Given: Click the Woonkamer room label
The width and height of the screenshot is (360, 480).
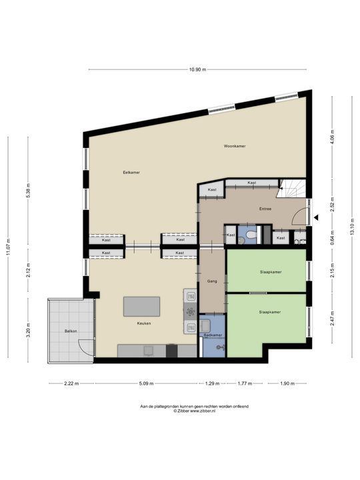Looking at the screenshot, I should pyautogui.click(x=234, y=145).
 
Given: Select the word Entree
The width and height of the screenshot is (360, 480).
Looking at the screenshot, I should pyautogui.click(x=265, y=209).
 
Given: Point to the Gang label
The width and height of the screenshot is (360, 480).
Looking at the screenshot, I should pyautogui.click(x=213, y=282).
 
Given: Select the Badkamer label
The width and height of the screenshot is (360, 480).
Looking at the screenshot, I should pyautogui.click(x=213, y=335).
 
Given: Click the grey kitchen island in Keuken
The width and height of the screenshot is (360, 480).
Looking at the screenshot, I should pyautogui.click(x=141, y=307).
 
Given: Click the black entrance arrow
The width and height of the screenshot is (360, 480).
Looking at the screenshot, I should pyautogui.click(x=317, y=217).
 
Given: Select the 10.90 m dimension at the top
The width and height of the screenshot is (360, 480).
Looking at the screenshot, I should pyautogui.click(x=197, y=69).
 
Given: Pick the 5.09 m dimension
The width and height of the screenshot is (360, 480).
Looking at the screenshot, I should pyautogui.click(x=146, y=384).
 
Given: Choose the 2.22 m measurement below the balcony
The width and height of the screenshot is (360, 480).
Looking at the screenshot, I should pyautogui.click(x=71, y=384).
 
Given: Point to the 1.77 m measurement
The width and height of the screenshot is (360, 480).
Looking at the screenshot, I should pyautogui.click(x=245, y=384).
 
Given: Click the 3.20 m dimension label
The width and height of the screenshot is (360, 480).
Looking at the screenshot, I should pyautogui.click(x=27, y=329).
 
